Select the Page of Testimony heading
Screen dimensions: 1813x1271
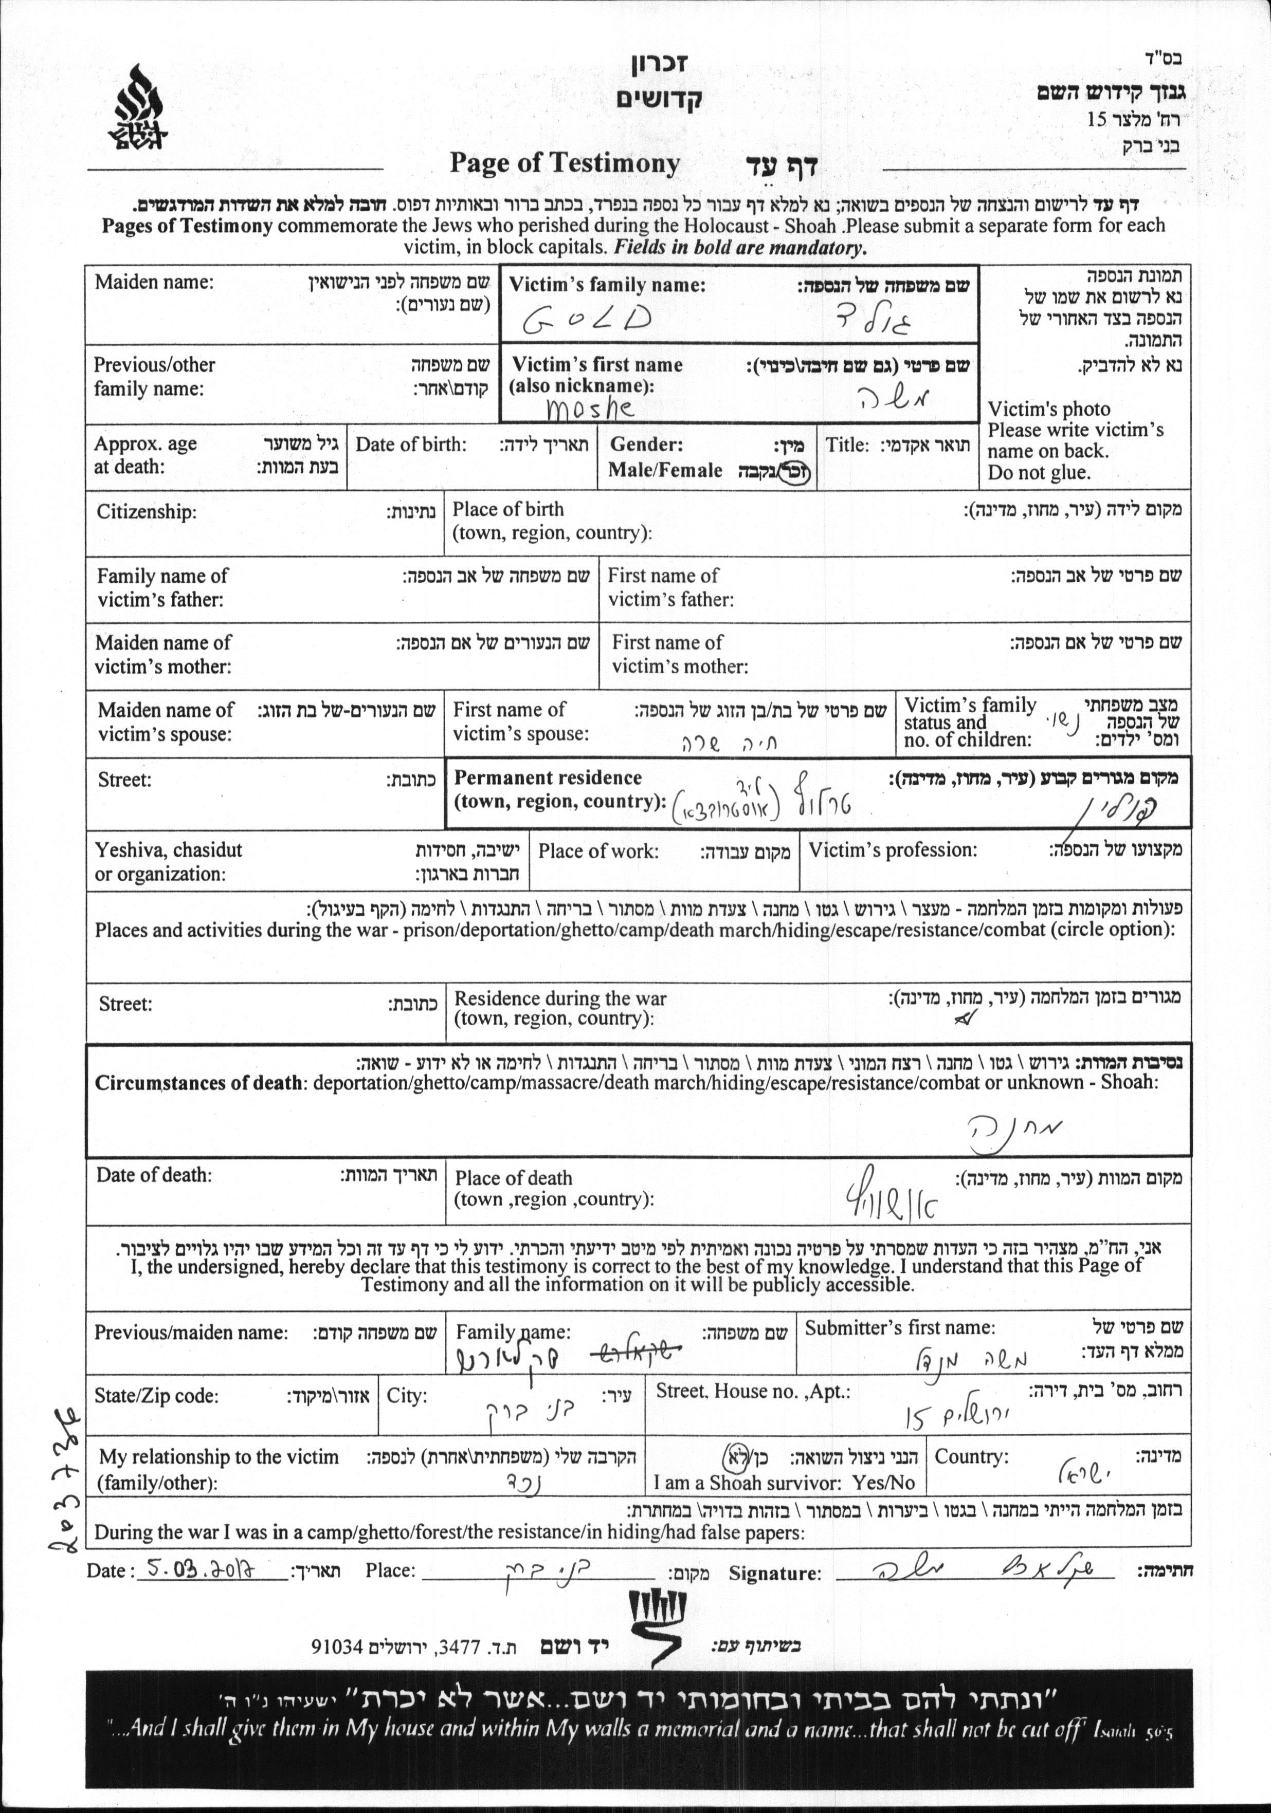[564, 163]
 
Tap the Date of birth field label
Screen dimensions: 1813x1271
[411, 444]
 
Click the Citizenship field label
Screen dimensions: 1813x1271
[146, 512]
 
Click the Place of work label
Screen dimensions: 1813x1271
[597, 850]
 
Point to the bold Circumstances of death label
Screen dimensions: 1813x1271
[197, 1083]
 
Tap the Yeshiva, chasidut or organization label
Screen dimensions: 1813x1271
[168, 861]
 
